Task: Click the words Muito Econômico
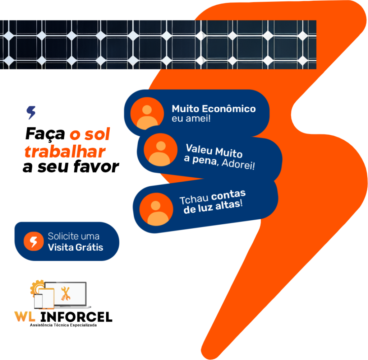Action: click(x=213, y=109)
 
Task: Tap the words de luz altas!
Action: click(x=213, y=207)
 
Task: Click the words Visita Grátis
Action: click(x=75, y=247)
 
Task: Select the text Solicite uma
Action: click(x=74, y=237)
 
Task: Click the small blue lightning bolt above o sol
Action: click(x=32, y=112)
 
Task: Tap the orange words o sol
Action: click(x=89, y=135)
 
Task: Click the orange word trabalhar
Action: click(x=65, y=152)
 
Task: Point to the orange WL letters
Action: click(x=25, y=317)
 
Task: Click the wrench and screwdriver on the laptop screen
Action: click(x=65, y=294)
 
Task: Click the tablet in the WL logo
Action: click(x=48, y=298)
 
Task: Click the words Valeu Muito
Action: click(x=214, y=151)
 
